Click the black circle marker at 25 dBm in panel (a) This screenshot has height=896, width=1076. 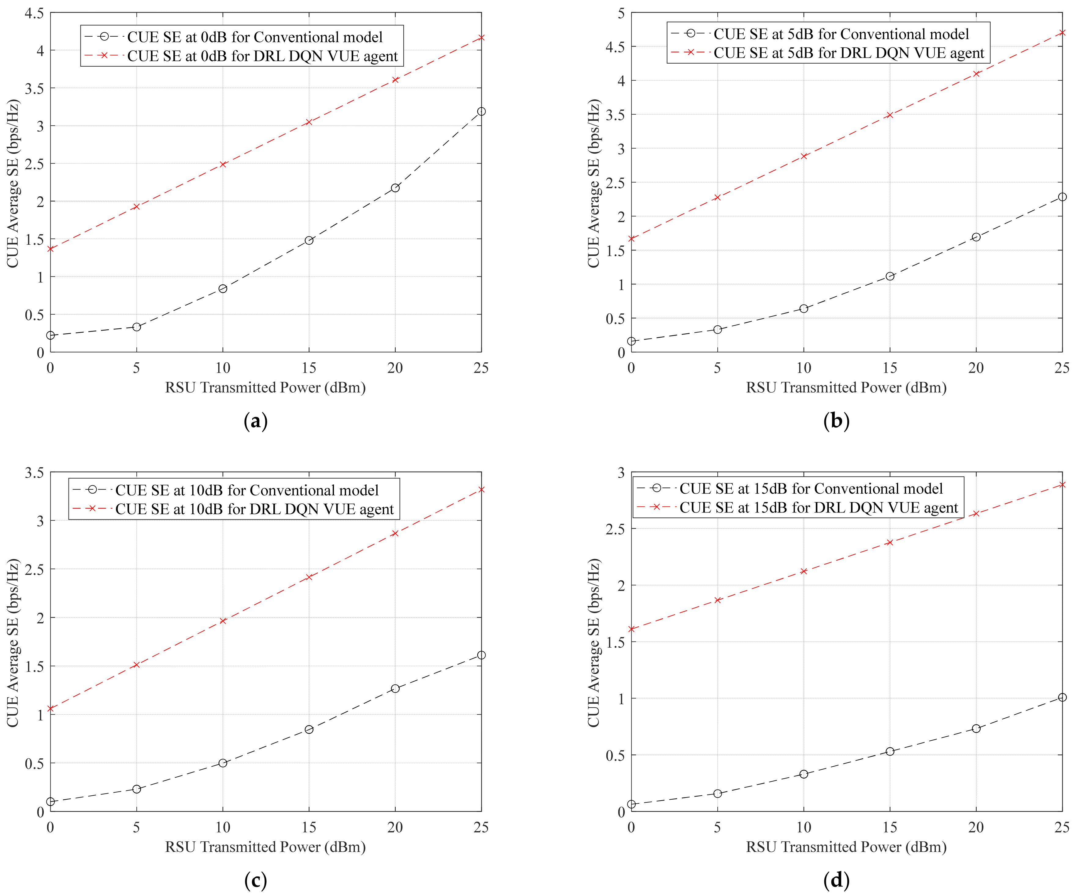pos(481,112)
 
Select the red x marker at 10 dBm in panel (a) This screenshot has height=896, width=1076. pos(223,165)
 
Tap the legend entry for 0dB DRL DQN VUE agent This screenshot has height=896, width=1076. pos(241,56)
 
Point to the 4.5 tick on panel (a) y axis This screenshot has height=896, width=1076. pos(34,13)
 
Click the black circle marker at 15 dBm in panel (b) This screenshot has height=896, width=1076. pos(890,276)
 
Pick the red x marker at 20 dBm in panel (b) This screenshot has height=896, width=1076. pos(976,74)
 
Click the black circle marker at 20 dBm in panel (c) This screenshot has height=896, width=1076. pos(395,689)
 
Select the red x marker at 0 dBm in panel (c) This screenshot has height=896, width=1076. pos(50,709)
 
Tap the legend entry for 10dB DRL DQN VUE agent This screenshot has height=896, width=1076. pos(233,509)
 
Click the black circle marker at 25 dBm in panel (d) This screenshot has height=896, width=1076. pos(1062,697)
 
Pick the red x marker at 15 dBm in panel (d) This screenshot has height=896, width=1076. pos(890,542)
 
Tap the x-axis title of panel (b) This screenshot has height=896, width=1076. pos(846,387)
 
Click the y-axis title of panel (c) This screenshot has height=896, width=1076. pos(13,642)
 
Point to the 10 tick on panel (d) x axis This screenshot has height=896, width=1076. pos(804,828)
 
